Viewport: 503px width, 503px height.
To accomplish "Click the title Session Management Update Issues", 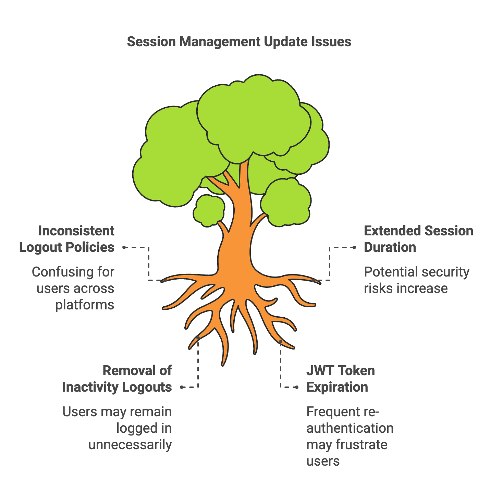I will pyautogui.click(x=239, y=42).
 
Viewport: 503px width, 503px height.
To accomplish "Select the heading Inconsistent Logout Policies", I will pyautogui.click(x=67, y=239).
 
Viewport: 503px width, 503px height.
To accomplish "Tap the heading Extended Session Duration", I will pyautogui.click(x=418, y=239).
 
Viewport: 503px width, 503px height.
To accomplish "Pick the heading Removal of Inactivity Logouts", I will pyautogui.click(x=117, y=379).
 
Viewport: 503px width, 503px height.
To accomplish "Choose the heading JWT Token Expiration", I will pyautogui.click(x=341, y=379).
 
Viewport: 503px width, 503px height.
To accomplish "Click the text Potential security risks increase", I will pyautogui.click(x=416, y=280).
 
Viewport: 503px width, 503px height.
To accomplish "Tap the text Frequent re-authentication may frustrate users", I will pyautogui.click(x=349, y=436).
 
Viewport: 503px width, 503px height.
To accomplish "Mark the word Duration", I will pyautogui.click(x=390, y=247).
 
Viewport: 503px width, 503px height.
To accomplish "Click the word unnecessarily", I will pyautogui.click(x=130, y=445).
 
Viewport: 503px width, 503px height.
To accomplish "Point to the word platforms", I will pyautogui.click(x=85, y=305).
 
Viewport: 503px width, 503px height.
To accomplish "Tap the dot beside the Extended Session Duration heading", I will pyautogui.click(x=355, y=247).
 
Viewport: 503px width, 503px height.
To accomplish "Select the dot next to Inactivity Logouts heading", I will pyautogui.click(x=182, y=387).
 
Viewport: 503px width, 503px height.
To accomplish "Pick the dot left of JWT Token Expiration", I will pyautogui.click(x=297, y=387).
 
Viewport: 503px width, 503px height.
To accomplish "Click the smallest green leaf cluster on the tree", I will pyautogui.click(x=209, y=210).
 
